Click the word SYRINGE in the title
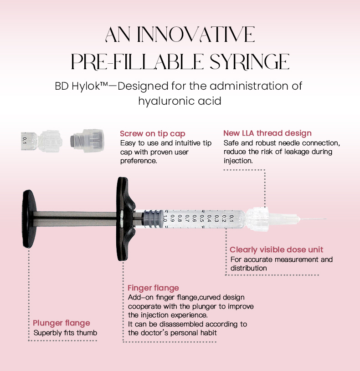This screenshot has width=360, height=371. coord(250,62)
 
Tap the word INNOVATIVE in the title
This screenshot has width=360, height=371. coord(196,35)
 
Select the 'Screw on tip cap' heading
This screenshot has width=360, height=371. coord(153,134)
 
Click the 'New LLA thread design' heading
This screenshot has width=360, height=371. coord(267,133)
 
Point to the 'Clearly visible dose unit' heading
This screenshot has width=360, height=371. coord(277,249)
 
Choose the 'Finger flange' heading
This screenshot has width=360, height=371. coord(153,288)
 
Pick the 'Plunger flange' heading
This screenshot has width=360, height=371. coord(62,323)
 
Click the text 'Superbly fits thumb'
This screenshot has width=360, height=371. coord(65,333)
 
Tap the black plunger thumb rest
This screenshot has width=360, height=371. coord(29,219)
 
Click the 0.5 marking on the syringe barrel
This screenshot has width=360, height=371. coord(201,219)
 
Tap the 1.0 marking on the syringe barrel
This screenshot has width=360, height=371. coord(165,219)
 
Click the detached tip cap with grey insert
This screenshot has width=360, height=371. coord(87,141)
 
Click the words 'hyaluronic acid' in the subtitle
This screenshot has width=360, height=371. coord(180,101)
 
